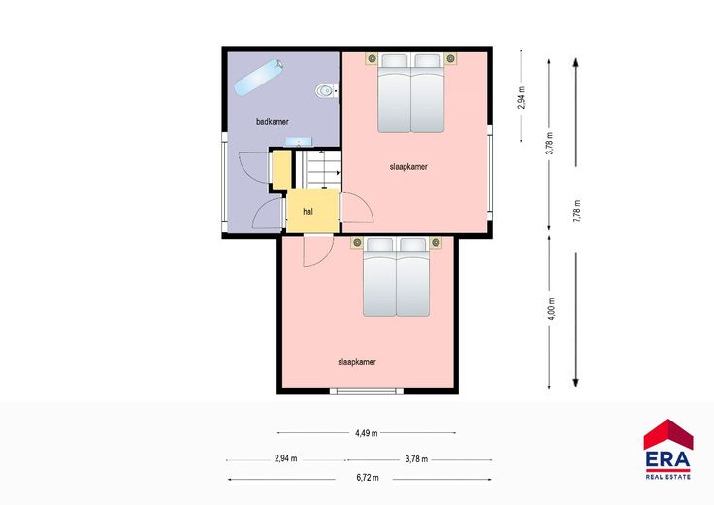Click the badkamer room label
(273, 121)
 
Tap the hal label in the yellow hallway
(308, 212)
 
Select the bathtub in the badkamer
(258, 77)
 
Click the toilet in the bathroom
(326, 91)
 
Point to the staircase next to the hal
(318, 169)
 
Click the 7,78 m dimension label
(577, 211)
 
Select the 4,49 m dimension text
(367, 433)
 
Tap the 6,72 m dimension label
(368, 478)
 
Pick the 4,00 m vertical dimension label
(551, 309)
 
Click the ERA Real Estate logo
(668, 449)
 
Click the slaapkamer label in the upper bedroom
(408, 167)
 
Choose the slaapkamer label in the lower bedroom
(357, 362)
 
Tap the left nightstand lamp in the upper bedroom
(372, 58)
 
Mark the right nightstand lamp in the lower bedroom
(436, 242)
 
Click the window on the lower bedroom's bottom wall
(367, 391)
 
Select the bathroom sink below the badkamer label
(298, 142)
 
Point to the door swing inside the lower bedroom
(318, 251)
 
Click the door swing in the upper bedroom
(357, 208)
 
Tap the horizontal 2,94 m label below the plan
(286, 459)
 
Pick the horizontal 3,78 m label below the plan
(416, 459)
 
